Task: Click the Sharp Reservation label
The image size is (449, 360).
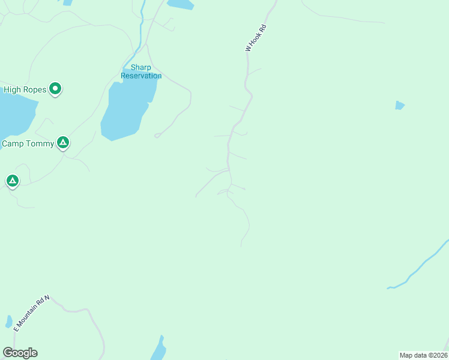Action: [x=141, y=72]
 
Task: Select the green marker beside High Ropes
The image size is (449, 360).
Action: [x=55, y=89]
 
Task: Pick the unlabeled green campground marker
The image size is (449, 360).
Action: [x=12, y=180]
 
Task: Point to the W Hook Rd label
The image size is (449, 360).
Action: [x=255, y=38]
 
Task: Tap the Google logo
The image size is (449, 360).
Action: [x=20, y=353]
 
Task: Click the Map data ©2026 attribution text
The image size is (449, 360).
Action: [x=424, y=355]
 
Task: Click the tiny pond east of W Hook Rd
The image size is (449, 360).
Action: [x=399, y=106]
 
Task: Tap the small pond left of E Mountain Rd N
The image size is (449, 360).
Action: [x=8, y=322]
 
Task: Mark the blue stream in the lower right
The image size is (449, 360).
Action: [x=420, y=264]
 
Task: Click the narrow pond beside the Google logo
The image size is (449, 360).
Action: [x=158, y=350]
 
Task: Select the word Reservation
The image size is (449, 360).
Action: [x=141, y=76]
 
